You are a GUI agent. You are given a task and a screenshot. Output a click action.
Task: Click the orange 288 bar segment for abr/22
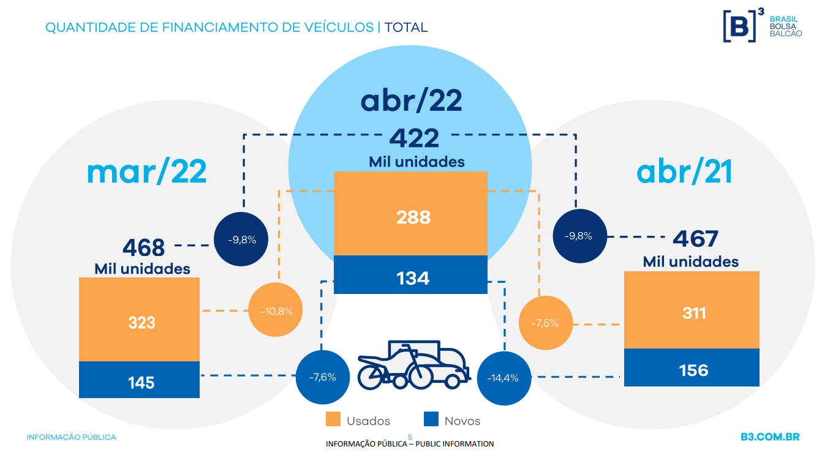tap(410, 214)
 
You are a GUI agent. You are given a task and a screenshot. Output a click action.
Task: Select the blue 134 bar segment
tap(410, 274)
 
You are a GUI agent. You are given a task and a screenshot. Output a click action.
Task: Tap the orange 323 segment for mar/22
tap(139, 319)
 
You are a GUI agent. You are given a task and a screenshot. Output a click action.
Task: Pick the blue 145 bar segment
tap(139, 379)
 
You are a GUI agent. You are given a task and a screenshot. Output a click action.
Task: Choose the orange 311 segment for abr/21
tap(692, 310)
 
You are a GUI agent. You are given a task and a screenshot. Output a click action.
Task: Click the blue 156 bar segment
tap(692, 367)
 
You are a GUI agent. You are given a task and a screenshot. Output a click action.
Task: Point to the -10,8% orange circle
tap(276, 310)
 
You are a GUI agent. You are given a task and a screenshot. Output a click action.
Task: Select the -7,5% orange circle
tap(546, 323)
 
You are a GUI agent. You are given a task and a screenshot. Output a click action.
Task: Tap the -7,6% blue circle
tap(323, 377)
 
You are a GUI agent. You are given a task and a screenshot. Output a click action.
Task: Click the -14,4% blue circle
tap(504, 378)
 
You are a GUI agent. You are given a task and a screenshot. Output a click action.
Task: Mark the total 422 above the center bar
tap(414, 138)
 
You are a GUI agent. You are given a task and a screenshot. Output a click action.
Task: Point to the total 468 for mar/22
tap(143, 247)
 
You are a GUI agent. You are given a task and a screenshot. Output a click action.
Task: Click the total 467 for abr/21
tap(695, 239)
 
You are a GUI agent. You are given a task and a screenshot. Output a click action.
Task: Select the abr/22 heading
tap(411, 100)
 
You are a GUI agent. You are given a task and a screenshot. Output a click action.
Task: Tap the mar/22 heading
tap(147, 171)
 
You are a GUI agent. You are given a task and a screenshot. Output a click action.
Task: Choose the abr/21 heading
tap(684, 171)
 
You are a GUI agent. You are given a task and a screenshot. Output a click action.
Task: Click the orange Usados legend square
tap(333, 419)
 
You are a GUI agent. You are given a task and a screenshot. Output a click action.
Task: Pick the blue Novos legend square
tap(431, 419)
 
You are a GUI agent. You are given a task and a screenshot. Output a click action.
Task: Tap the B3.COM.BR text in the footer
tap(771, 437)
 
